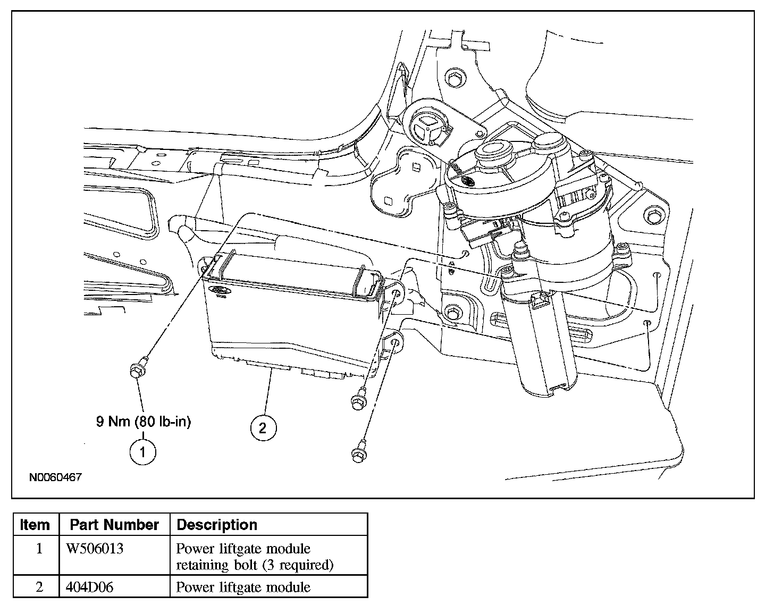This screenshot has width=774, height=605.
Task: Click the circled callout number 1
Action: point(143,452)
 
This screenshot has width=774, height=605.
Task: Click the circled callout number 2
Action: point(263,427)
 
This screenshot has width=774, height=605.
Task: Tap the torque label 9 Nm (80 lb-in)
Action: point(144,421)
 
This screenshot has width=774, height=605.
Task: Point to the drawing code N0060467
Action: point(56,477)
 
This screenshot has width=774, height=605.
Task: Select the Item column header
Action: point(35,525)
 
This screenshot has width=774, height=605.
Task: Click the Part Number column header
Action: point(114,525)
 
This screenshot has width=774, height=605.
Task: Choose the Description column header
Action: point(217,525)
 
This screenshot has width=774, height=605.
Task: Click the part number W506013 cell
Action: point(95,549)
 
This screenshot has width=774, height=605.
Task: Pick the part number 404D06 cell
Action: point(89,587)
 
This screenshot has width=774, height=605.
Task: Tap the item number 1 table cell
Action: point(39,549)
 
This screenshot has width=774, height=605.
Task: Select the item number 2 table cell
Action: point(39,587)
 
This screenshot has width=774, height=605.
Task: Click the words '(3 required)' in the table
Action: point(301,565)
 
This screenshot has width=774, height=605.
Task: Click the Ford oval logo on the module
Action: point(220,290)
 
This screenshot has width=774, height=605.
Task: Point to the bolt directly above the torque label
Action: point(139,368)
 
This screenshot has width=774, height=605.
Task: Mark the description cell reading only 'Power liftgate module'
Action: point(243,587)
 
